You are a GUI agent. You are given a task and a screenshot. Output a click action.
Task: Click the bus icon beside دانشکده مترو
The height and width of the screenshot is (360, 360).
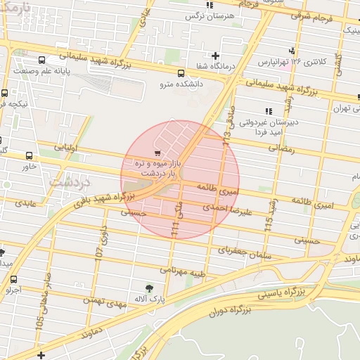[181, 73]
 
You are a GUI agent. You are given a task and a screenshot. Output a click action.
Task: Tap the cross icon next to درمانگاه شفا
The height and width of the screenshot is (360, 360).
[215, 56]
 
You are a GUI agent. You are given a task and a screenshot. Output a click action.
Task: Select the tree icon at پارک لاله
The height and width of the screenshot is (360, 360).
[149, 288]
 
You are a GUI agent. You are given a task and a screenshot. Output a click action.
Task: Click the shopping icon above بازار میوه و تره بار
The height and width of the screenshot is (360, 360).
[157, 153]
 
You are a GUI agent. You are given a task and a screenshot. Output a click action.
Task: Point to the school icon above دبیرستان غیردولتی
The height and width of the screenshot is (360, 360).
[268, 111]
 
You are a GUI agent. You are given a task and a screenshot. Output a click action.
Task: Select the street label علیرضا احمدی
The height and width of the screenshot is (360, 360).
[226, 209]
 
